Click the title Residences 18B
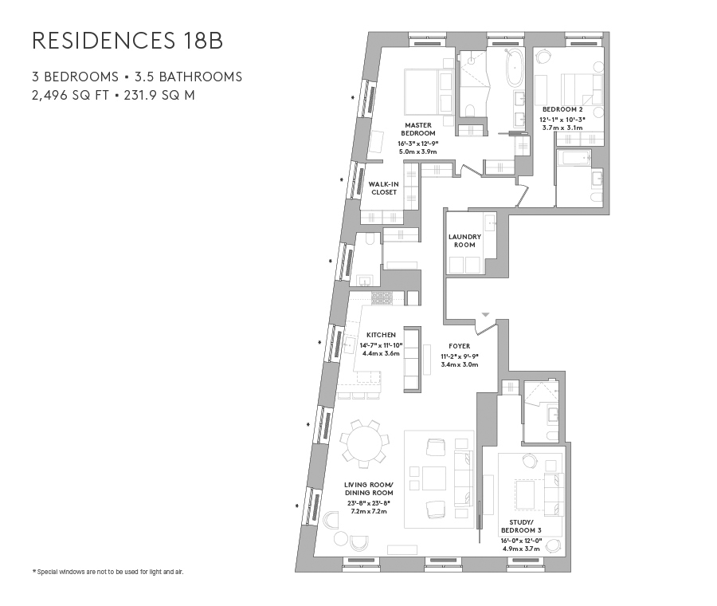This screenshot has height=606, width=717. pos(127,41)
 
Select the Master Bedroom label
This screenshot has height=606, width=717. pos(417,129)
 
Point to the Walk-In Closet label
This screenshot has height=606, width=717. pos(383,188)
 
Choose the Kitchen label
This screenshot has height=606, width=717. pos(381,335)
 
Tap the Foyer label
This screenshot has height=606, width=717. pos(460,346)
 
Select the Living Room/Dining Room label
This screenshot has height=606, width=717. pos(365,488)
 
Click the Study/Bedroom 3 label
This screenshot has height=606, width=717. pos(520,529)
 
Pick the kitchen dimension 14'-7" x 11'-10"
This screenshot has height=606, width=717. pos(381,344)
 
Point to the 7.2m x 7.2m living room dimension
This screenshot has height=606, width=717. pos(365,511)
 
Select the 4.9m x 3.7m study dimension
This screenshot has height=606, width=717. pos(520,549)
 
